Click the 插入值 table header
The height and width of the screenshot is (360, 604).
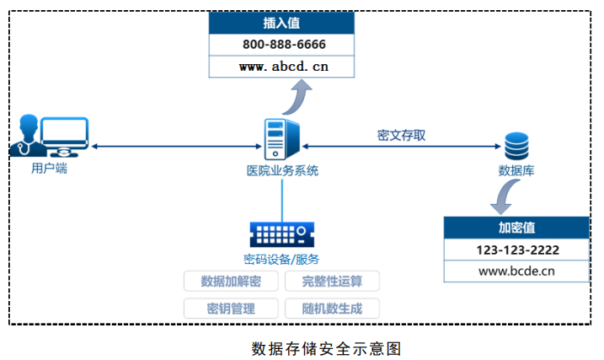[281, 23]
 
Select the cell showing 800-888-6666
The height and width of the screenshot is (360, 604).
[281, 45]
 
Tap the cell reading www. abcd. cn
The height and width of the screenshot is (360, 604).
[281, 67]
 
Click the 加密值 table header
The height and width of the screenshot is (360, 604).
[516, 228]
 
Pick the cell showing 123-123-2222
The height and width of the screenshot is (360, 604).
[516, 250]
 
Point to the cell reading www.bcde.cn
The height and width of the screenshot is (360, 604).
[516, 271]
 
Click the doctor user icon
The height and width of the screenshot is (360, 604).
[50, 136]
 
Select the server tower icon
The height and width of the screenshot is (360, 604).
[282, 139]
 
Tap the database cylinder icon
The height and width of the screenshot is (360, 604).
[516, 146]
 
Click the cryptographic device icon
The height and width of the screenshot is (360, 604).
[282, 234]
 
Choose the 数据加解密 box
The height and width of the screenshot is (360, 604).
[231, 281]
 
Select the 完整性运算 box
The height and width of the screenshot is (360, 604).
[332, 281]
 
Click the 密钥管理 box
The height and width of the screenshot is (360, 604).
[231, 309]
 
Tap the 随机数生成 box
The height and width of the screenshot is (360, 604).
[332, 309]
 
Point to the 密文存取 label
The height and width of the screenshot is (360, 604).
[401, 135]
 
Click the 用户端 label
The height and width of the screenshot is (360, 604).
[50, 168]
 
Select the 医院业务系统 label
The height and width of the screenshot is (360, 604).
[282, 170]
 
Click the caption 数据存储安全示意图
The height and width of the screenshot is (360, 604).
[327, 349]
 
